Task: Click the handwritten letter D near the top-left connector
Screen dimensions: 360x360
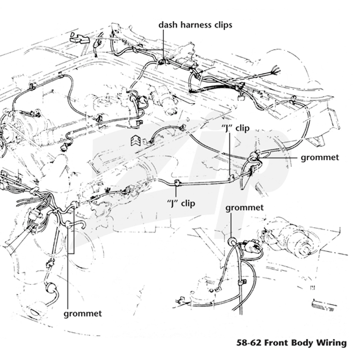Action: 72,35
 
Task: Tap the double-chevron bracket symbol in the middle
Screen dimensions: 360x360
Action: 135,140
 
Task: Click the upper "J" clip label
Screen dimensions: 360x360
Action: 235,128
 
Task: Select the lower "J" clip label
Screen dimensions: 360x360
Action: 181,203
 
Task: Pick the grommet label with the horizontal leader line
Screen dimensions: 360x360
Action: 320,157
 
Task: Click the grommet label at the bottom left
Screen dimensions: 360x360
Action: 83,314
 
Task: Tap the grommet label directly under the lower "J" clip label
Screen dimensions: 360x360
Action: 244,208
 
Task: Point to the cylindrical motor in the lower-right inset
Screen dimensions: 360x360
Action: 296,240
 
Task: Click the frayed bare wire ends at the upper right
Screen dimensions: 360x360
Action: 276,69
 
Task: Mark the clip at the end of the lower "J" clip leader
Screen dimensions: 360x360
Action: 177,183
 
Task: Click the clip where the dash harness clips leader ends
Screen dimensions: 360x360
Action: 162,62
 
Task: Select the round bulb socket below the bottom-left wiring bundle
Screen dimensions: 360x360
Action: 51,288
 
